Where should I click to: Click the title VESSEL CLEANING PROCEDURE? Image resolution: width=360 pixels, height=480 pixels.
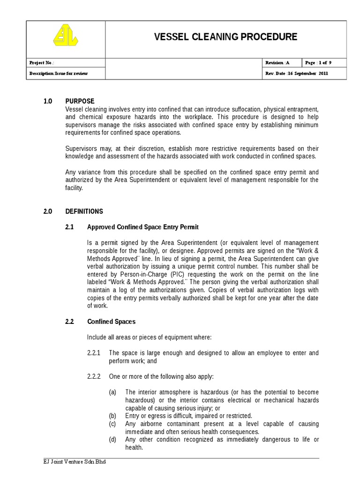pos(225,37)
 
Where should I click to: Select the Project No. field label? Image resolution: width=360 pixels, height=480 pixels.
pos(42,63)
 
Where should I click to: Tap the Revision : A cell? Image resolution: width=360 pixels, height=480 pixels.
pos(277,63)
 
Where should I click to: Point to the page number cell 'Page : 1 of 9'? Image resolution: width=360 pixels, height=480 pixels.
pos(318,63)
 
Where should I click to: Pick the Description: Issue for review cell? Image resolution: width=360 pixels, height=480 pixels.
pos(59,74)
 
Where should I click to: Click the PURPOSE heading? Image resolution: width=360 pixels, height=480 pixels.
pos(80,101)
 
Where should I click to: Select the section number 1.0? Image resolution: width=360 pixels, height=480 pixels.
pos(48,101)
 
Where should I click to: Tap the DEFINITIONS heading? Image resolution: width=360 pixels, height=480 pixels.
pos(84,211)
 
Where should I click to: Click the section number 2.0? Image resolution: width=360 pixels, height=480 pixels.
pos(48,211)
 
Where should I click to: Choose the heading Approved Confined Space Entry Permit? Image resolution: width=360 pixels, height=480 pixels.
pos(143,227)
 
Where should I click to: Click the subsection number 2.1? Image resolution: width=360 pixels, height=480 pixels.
pos(70,227)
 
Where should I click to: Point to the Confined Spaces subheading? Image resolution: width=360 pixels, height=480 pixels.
pos(112,322)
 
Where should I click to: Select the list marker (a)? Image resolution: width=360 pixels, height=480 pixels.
pos(112,392)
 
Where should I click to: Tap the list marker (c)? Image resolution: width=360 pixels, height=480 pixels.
pos(112,424)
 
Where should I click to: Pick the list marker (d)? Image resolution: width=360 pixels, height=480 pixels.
pos(112,440)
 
